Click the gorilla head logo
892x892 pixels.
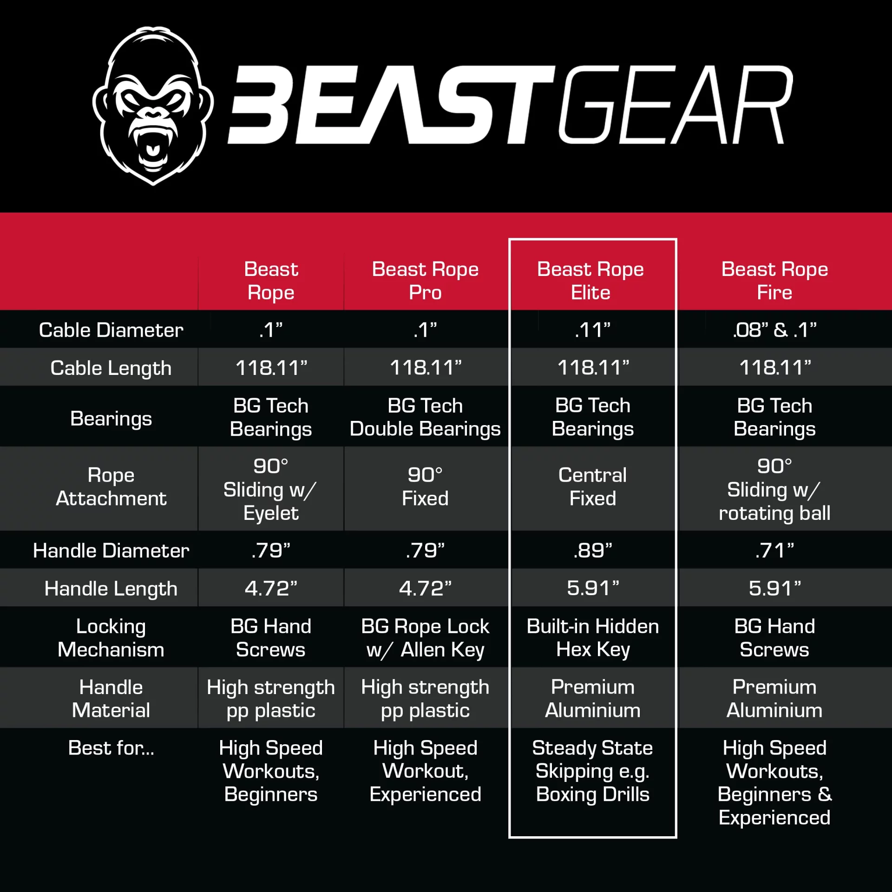[x=153, y=106]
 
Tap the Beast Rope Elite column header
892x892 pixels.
[x=590, y=281]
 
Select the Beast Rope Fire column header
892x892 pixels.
[x=774, y=281]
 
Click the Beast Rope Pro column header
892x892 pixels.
[x=425, y=281]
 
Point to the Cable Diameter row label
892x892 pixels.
[x=111, y=330]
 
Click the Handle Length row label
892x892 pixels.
[x=111, y=589]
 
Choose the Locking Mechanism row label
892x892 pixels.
[x=111, y=638]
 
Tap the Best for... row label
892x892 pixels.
[x=111, y=748]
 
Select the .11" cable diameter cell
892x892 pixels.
[x=592, y=330]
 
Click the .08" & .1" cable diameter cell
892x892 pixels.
[x=774, y=330]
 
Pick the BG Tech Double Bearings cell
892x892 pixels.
[x=425, y=417]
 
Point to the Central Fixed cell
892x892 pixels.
[x=592, y=486]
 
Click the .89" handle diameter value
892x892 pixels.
[x=592, y=551]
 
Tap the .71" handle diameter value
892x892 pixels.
[x=774, y=551]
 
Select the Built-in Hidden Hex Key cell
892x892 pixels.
[x=592, y=638]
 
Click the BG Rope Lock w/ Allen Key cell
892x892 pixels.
[x=425, y=638]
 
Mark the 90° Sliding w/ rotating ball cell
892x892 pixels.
[x=774, y=490]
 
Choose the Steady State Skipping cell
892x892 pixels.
[x=592, y=771]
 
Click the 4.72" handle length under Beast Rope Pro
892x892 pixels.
[x=425, y=589]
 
